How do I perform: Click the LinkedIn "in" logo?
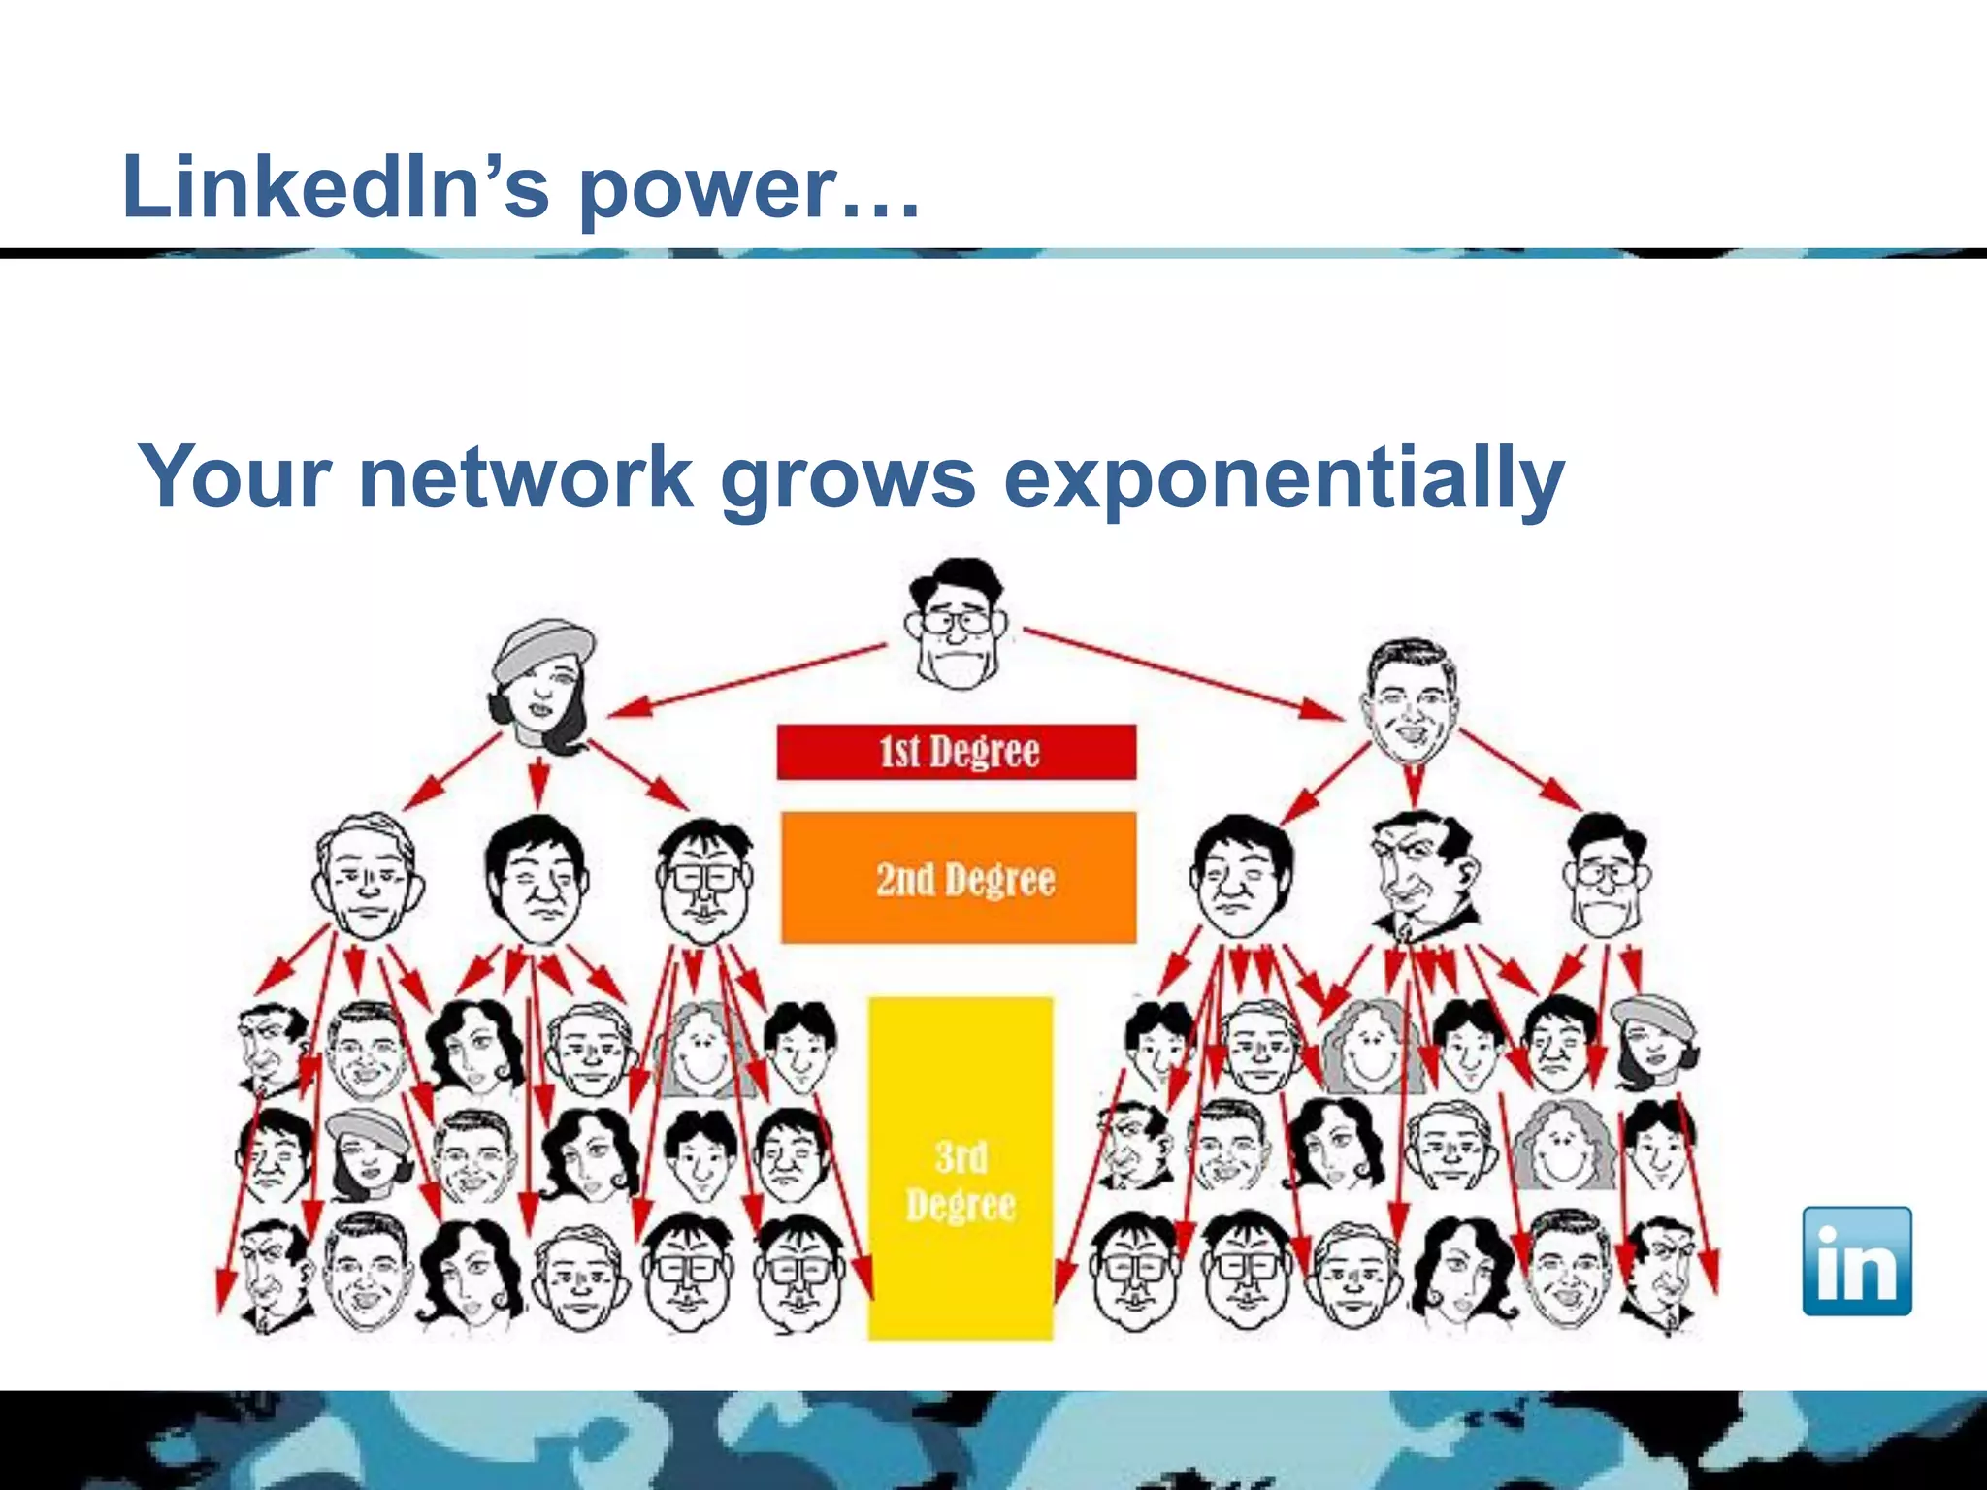tap(1856, 1261)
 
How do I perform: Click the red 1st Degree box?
tap(957, 752)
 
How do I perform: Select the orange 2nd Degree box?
tap(959, 878)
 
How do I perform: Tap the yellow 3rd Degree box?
tap(961, 1169)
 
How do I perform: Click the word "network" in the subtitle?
tap(526, 477)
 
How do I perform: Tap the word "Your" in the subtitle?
tap(235, 477)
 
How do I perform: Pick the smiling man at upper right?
tap(1411, 700)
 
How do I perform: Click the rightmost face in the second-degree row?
tap(1605, 878)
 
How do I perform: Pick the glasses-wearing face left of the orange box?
tap(703, 881)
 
